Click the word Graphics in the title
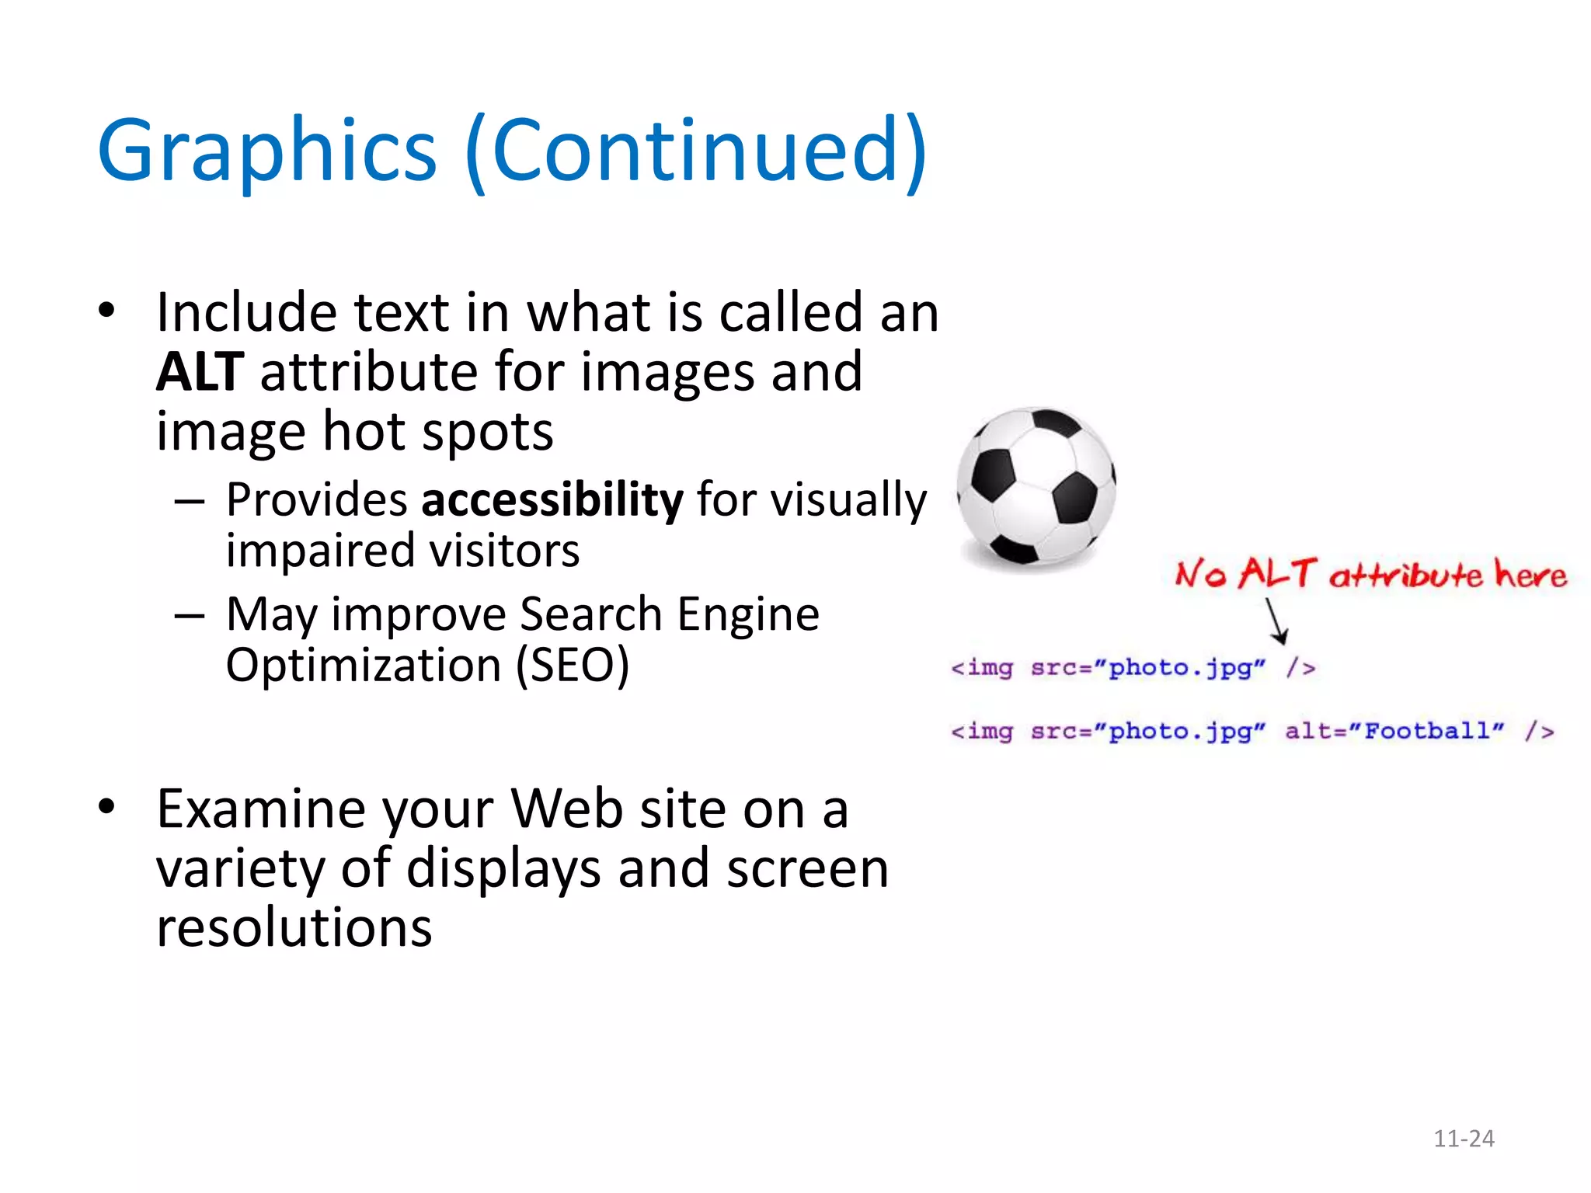[x=267, y=151]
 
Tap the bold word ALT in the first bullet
[x=200, y=372]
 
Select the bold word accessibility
[x=552, y=499]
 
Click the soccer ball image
[x=1036, y=486]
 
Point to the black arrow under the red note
[x=1276, y=621]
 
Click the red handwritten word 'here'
[x=1530, y=576]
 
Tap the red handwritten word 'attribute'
[x=1406, y=576]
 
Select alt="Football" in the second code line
[x=1394, y=731]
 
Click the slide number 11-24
[x=1464, y=1139]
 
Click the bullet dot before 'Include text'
[x=106, y=310]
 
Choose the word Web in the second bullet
[x=567, y=809]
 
